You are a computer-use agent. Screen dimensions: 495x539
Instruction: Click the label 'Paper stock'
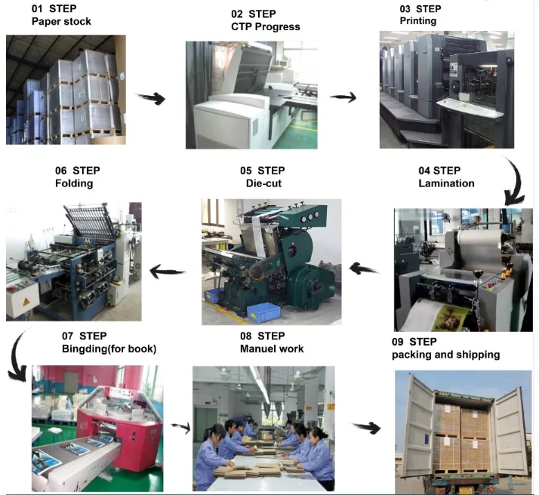61,21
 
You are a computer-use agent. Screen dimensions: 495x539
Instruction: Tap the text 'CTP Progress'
265,27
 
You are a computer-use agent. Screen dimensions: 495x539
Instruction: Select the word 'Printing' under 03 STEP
417,21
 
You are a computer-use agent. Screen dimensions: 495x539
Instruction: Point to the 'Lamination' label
446,183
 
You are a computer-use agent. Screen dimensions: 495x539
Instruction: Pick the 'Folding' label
74,183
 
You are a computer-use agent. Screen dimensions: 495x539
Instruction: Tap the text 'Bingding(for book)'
109,349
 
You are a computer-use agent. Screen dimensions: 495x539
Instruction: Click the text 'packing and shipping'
445,355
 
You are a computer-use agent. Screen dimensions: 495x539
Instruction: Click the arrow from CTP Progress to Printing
343,97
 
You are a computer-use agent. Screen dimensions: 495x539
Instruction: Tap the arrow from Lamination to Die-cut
364,267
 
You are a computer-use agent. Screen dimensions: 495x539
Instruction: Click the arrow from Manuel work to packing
366,427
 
